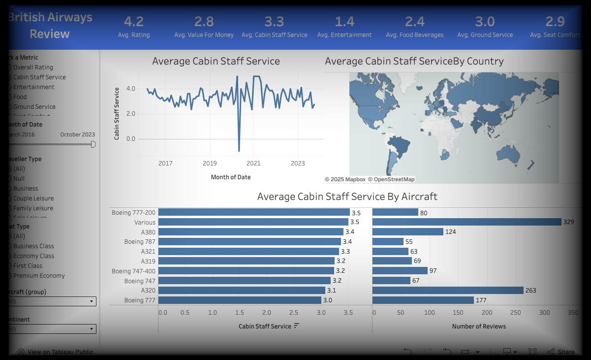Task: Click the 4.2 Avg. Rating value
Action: tap(134, 22)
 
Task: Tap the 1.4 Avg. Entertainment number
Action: tap(344, 22)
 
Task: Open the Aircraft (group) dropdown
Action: tap(51, 301)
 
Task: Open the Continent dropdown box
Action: tap(51, 329)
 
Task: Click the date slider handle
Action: tap(93, 144)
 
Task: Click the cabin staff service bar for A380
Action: tap(251, 232)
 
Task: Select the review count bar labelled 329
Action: tap(467, 222)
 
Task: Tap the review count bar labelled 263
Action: tap(448, 291)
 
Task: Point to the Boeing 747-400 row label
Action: tap(133, 271)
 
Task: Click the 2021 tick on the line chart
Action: tap(253, 164)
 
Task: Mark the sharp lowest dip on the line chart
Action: tap(239, 151)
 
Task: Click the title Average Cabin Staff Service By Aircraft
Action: tap(347, 196)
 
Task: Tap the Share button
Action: tap(560, 352)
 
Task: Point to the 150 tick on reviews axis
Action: tap(458, 313)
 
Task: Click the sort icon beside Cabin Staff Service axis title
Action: tap(296, 326)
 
